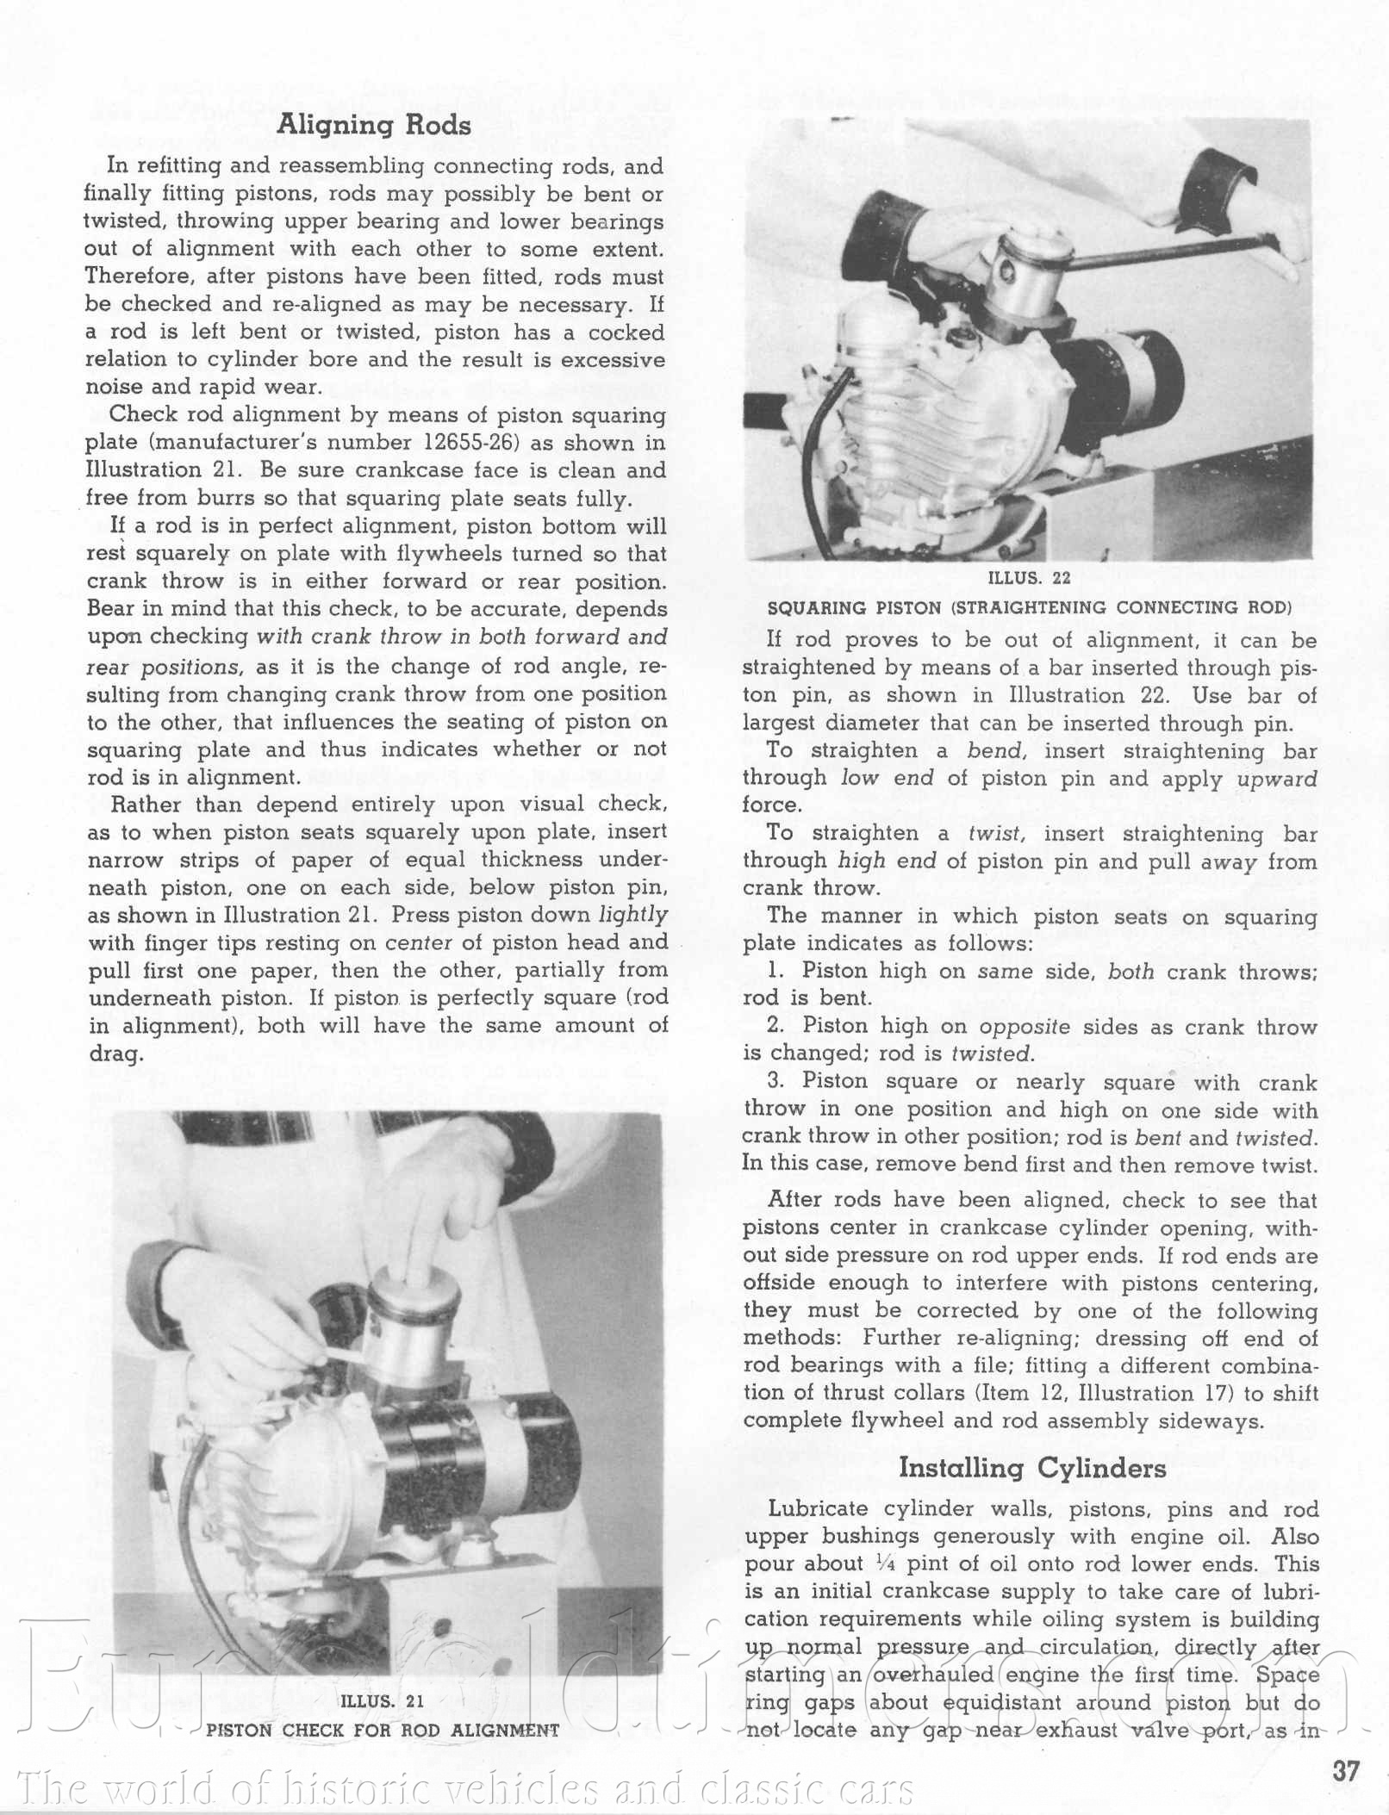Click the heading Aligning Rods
[373, 126]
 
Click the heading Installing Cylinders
[1031, 1468]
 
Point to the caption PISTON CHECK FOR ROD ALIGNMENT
[382, 1730]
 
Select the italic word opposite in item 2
[1025, 1027]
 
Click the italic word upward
[1277, 779]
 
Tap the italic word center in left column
[418, 942]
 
